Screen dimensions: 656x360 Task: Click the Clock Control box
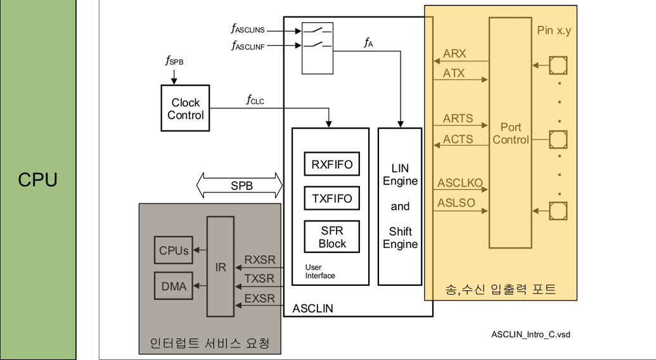coord(185,108)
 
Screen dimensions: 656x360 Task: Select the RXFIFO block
coord(331,164)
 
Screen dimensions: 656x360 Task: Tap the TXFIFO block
coord(331,198)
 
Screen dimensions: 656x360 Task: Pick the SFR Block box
coord(331,236)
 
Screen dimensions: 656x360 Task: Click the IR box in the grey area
coord(221,267)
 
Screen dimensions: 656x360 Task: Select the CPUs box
coord(174,250)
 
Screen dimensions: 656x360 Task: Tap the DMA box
coord(174,286)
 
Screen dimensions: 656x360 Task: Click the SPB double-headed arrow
coord(240,185)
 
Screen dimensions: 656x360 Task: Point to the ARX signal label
coord(454,53)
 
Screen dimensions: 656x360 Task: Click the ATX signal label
coord(454,73)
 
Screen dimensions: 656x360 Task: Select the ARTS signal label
coord(458,119)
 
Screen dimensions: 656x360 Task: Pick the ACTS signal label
coord(458,139)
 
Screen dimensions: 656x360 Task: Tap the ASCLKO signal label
coord(460,183)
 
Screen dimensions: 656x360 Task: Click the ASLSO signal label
coord(456,203)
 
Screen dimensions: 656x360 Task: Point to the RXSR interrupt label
coord(260,260)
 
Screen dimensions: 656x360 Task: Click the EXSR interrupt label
coord(260,298)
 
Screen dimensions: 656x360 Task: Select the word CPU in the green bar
coord(37,180)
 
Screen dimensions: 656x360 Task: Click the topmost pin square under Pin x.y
coord(558,65)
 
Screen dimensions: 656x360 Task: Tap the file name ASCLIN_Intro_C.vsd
coord(531,335)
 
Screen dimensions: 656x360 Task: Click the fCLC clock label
coord(255,100)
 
